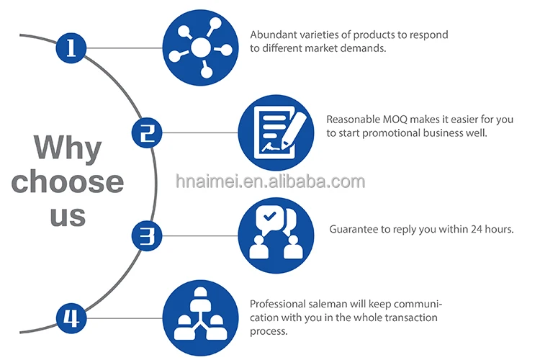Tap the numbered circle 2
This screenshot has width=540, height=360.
pos(147,132)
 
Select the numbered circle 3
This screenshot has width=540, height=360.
pos(146,235)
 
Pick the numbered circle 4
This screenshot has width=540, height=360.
pos(71,318)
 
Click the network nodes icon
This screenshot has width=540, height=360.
pos(200,48)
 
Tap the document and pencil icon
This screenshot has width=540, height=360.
pos(275,132)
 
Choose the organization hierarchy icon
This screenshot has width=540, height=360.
pos(200,318)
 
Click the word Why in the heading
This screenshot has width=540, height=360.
pos(68,148)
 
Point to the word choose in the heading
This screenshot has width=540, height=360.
pos(68,181)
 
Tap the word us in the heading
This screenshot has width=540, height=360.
pos(68,215)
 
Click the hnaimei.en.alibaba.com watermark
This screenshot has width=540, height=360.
pos(270,180)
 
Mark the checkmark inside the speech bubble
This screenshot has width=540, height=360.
pos(269,216)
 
